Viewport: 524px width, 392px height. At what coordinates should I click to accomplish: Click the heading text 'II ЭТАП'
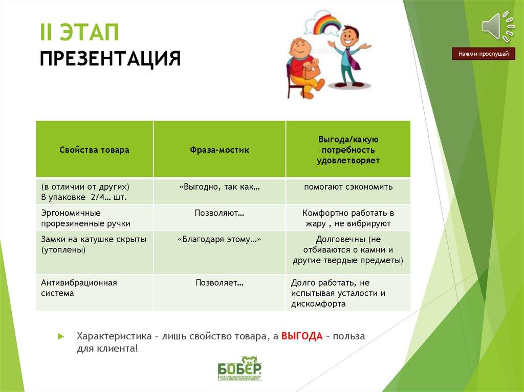[79, 34]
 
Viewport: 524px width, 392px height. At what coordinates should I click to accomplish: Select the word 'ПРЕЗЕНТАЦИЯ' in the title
[110, 58]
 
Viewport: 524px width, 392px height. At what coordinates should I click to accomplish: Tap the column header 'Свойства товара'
[94, 150]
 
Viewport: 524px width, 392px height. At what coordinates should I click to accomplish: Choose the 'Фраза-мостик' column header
[220, 150]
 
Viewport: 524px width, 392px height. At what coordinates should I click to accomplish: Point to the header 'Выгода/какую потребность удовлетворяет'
[348, 150]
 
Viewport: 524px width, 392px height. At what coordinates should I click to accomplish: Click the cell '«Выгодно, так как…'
[220, 187]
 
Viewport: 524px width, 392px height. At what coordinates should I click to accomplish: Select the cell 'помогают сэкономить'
[348, 187]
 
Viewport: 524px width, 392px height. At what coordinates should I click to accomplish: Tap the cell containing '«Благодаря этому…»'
[220, 239]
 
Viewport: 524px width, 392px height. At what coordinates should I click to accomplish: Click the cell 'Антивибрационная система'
[79, 288]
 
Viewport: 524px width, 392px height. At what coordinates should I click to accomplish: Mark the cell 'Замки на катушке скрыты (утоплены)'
[94, 244]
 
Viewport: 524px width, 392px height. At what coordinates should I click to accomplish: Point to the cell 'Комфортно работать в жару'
[348, 218]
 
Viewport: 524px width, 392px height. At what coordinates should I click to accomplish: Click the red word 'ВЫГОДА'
[302, 336]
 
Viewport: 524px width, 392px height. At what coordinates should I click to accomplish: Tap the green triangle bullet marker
[60, 336]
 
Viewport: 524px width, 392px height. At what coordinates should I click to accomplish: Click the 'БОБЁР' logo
[239, 368]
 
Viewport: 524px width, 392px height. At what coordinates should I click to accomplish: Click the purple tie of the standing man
[355, 57]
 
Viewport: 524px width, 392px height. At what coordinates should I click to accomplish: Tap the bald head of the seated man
[298, 47]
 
